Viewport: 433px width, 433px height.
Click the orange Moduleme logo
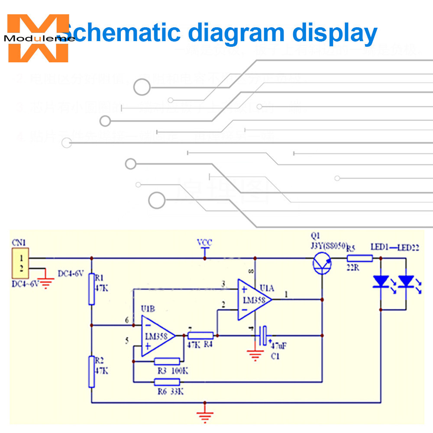38,38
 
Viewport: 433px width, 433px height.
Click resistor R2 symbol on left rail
91,371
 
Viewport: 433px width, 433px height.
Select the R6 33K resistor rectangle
167,382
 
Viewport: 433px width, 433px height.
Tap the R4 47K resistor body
200,335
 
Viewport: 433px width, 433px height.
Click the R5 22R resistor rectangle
359,259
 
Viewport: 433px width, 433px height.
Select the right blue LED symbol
406,282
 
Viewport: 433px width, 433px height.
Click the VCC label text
204,242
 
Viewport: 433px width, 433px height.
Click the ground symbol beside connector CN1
45,284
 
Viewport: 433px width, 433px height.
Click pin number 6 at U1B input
127,320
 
